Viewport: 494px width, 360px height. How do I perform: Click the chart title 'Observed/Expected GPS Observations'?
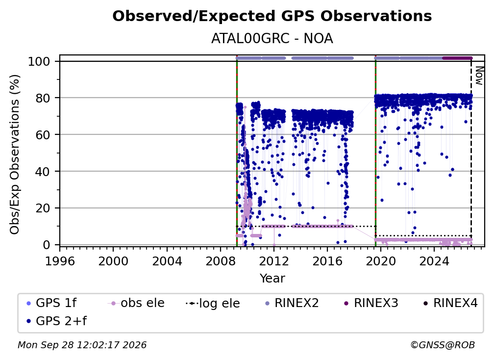[272, 16]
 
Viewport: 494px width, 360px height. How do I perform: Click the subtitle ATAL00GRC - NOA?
[272, 39]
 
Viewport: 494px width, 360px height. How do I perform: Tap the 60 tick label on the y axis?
[43, 135]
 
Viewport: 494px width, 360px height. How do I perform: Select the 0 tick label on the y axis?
[47, 245]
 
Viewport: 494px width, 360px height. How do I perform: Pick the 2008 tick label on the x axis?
[221, 261]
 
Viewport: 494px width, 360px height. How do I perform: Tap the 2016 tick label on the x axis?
[327, 261]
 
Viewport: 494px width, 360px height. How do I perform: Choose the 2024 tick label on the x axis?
[434, 261]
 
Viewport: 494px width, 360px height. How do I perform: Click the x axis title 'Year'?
[272, 279]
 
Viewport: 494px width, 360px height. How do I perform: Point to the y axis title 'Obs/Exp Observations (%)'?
[15, 154]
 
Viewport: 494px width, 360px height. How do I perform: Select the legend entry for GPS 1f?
[51, 303]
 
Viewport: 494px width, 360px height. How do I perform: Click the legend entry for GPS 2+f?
[57, 321]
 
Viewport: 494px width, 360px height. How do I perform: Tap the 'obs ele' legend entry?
[136, 303]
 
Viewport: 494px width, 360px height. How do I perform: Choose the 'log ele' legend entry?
[213, 303]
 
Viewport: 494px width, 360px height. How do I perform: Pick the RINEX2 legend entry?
[292, 303]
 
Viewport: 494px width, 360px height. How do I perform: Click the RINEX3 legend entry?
[371, 303]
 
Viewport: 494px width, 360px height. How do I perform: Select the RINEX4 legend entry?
[451, 303]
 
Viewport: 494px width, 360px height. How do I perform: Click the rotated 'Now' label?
[478, 76]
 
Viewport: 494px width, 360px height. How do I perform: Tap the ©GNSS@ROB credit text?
[443, 345]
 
